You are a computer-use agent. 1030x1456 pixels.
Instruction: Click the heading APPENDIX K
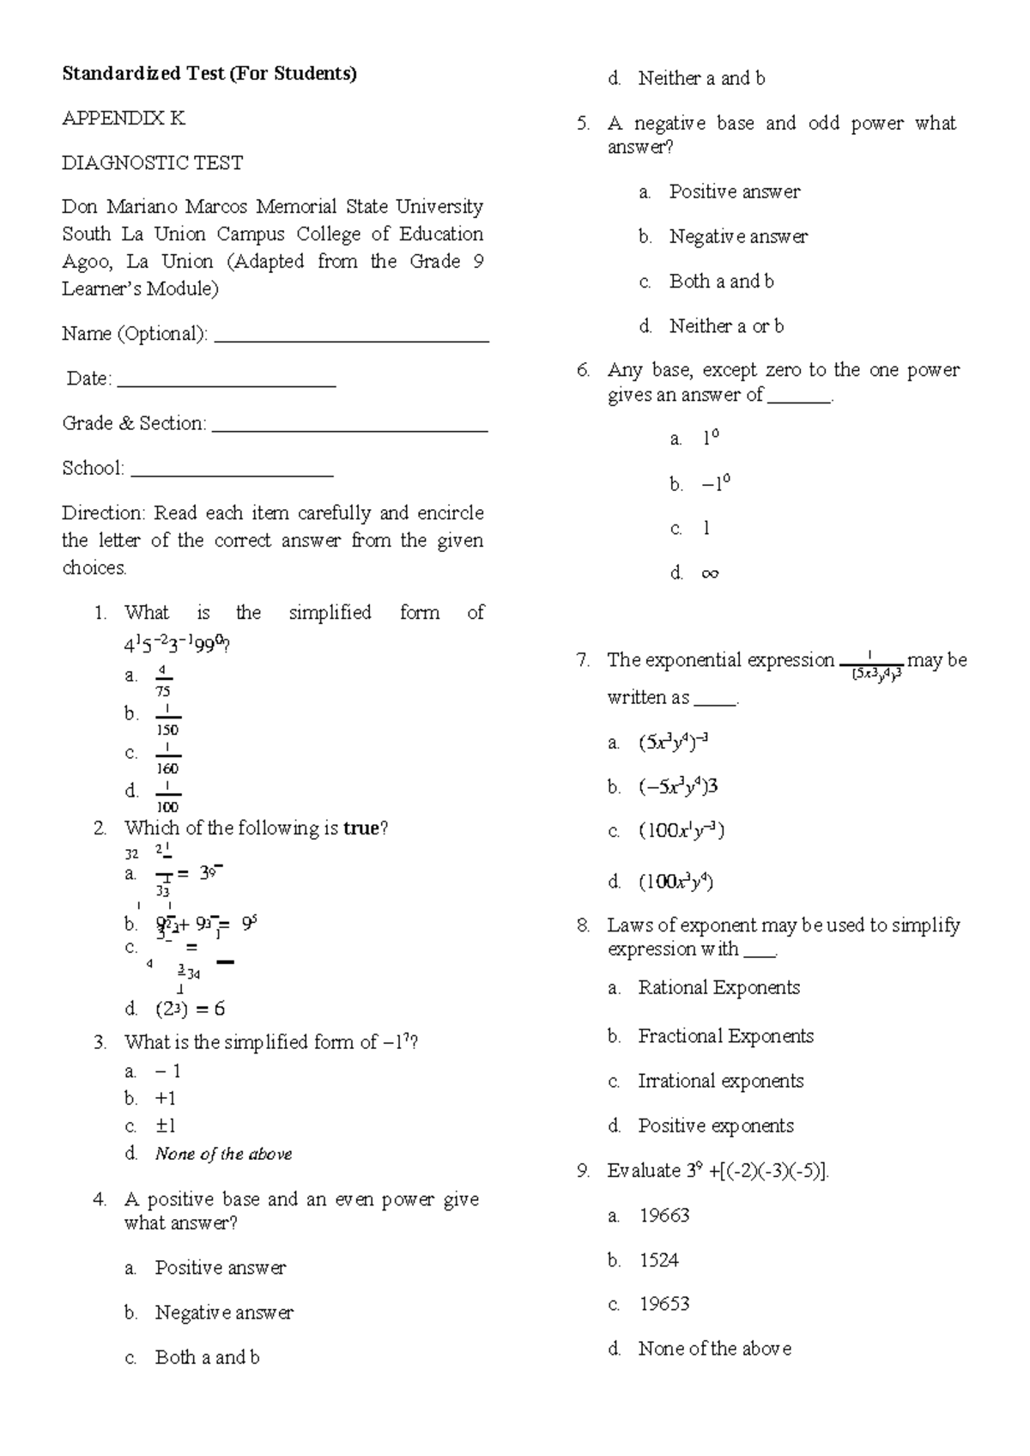[124, 118]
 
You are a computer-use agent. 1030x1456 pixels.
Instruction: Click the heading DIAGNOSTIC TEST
[152, 163]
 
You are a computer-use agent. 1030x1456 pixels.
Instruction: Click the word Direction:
[104, 513]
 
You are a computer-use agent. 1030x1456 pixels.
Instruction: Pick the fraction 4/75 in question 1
[163, 681]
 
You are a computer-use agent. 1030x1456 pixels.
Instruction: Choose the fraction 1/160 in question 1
[167, 759]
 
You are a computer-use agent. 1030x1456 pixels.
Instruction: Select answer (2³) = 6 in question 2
[190, 1009]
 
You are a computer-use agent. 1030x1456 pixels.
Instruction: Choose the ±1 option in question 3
[166, 1125]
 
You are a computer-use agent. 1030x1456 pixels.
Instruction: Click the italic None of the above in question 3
[223, 1154]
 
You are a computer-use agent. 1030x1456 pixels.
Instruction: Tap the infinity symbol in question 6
[710, 573]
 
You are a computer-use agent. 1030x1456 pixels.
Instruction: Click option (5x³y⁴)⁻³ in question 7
[673, 743]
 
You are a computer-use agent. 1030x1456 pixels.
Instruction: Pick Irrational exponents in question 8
[720, 1081]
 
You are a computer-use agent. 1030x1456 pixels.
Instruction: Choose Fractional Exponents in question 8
[725, 1036]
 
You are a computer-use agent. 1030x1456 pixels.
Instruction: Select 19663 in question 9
[663, 1216]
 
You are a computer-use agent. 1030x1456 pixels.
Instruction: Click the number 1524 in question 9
[658, 1260]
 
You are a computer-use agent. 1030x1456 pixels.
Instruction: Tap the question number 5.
[584, 124]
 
